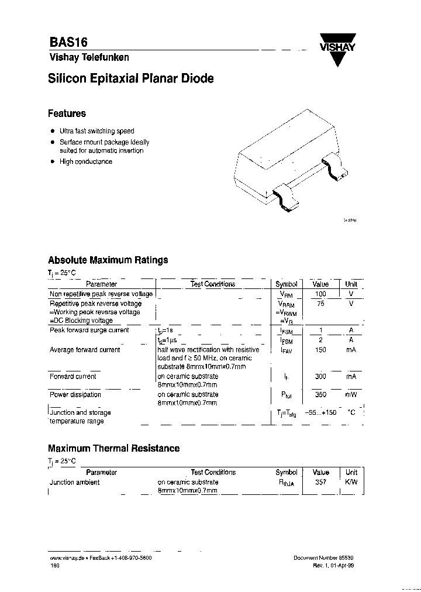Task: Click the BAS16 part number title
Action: tap(68, 43)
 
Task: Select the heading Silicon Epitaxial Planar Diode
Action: tap(130, 78)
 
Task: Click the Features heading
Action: tap(67, 113)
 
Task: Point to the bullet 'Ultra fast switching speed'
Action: tap(96, 132)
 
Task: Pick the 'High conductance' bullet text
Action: tap(85, 161)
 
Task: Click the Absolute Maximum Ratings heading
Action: tap(108, 260)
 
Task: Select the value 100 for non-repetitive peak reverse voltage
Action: tap(320, 294)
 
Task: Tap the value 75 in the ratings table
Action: tap(320, 304)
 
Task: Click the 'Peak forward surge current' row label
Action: tap(89, 330)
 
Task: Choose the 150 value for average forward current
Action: tap(320, 350)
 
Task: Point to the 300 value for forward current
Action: tap(320, 377)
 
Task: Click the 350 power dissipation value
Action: tap(320, 395)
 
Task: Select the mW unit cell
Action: tap(351, 395)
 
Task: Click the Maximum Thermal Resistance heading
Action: tap(113, 448)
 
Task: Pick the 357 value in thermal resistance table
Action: tap(320, 483)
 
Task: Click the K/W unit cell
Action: tap(351, 483)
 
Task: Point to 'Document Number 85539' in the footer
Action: tap(323, 558)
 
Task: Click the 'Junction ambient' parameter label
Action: tap(74, 483)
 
